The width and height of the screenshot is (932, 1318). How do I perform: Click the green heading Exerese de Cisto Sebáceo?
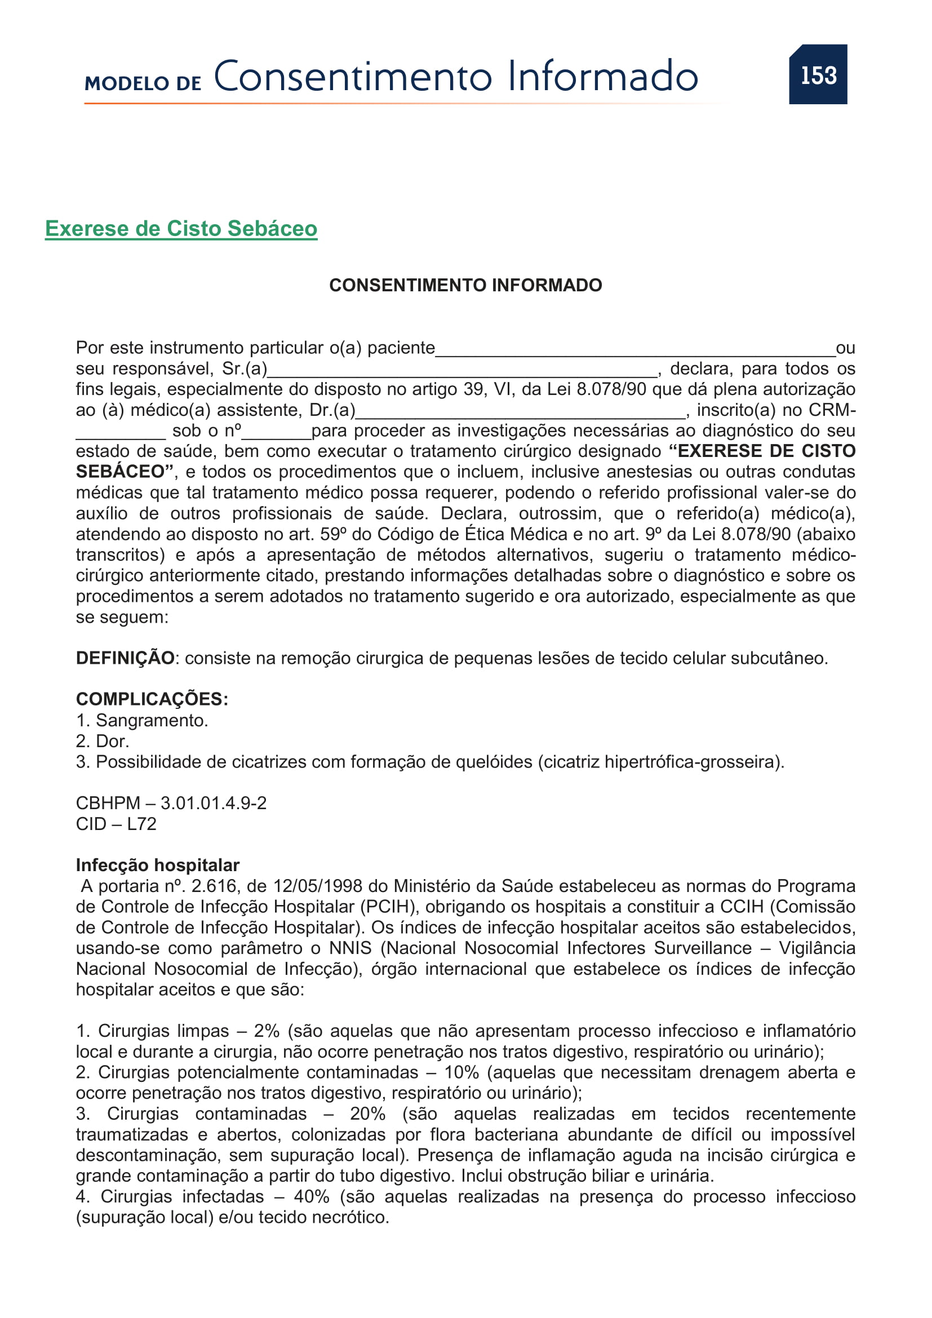pyautogui.click(x=181, y=228)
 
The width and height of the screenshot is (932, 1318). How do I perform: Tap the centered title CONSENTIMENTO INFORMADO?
pyautogui.click(x=465, y=285)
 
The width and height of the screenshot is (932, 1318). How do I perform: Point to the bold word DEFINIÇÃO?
pyautogui.click(x=125, y=658)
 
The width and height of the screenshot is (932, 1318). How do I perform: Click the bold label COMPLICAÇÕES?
pyautogui.click(x=152, y=699)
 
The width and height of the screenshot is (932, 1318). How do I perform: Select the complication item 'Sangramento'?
pyautogui.click(x=152, y=721)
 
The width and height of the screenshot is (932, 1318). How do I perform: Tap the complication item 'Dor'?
pyautogui.click(x=112, y=741)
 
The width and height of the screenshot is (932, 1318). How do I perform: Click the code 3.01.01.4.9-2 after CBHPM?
pyautogui.click(x=214, y=803)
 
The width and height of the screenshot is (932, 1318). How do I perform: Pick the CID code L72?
pyautogui.click(x=142, y=824)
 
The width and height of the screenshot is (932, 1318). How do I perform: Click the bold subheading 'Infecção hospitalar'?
pyautogui.click(x=157, y=865)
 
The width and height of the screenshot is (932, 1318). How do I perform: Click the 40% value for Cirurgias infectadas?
pyautogui.click(x=312, y=1196)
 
